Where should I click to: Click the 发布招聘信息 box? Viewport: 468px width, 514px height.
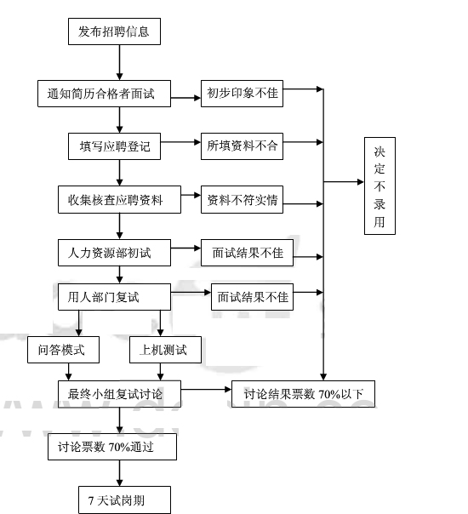[113, 31]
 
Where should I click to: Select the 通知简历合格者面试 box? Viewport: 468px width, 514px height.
[104, 93]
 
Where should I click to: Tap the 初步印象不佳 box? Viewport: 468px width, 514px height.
[242, 93]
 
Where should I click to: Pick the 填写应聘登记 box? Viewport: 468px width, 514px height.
[113, 146]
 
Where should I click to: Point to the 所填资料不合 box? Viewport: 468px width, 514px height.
[242, 146]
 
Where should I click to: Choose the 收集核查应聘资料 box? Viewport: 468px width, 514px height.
[119, 201]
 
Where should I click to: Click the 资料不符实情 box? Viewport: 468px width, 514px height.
[242, 201]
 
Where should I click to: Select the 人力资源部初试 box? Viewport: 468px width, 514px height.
[114, 253]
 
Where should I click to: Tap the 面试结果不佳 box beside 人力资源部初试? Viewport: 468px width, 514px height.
[248, 253]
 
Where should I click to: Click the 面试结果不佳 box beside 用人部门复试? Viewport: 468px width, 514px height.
[252, 297]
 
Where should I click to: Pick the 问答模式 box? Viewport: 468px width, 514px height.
[62, 349]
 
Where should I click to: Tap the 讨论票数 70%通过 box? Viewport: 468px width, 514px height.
[112, 446]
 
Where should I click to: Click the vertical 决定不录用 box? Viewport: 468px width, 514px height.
[380, 186]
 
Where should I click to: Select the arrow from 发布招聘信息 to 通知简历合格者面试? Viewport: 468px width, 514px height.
[118, 62]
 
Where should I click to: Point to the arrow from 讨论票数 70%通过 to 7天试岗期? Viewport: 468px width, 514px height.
[118, 472]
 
